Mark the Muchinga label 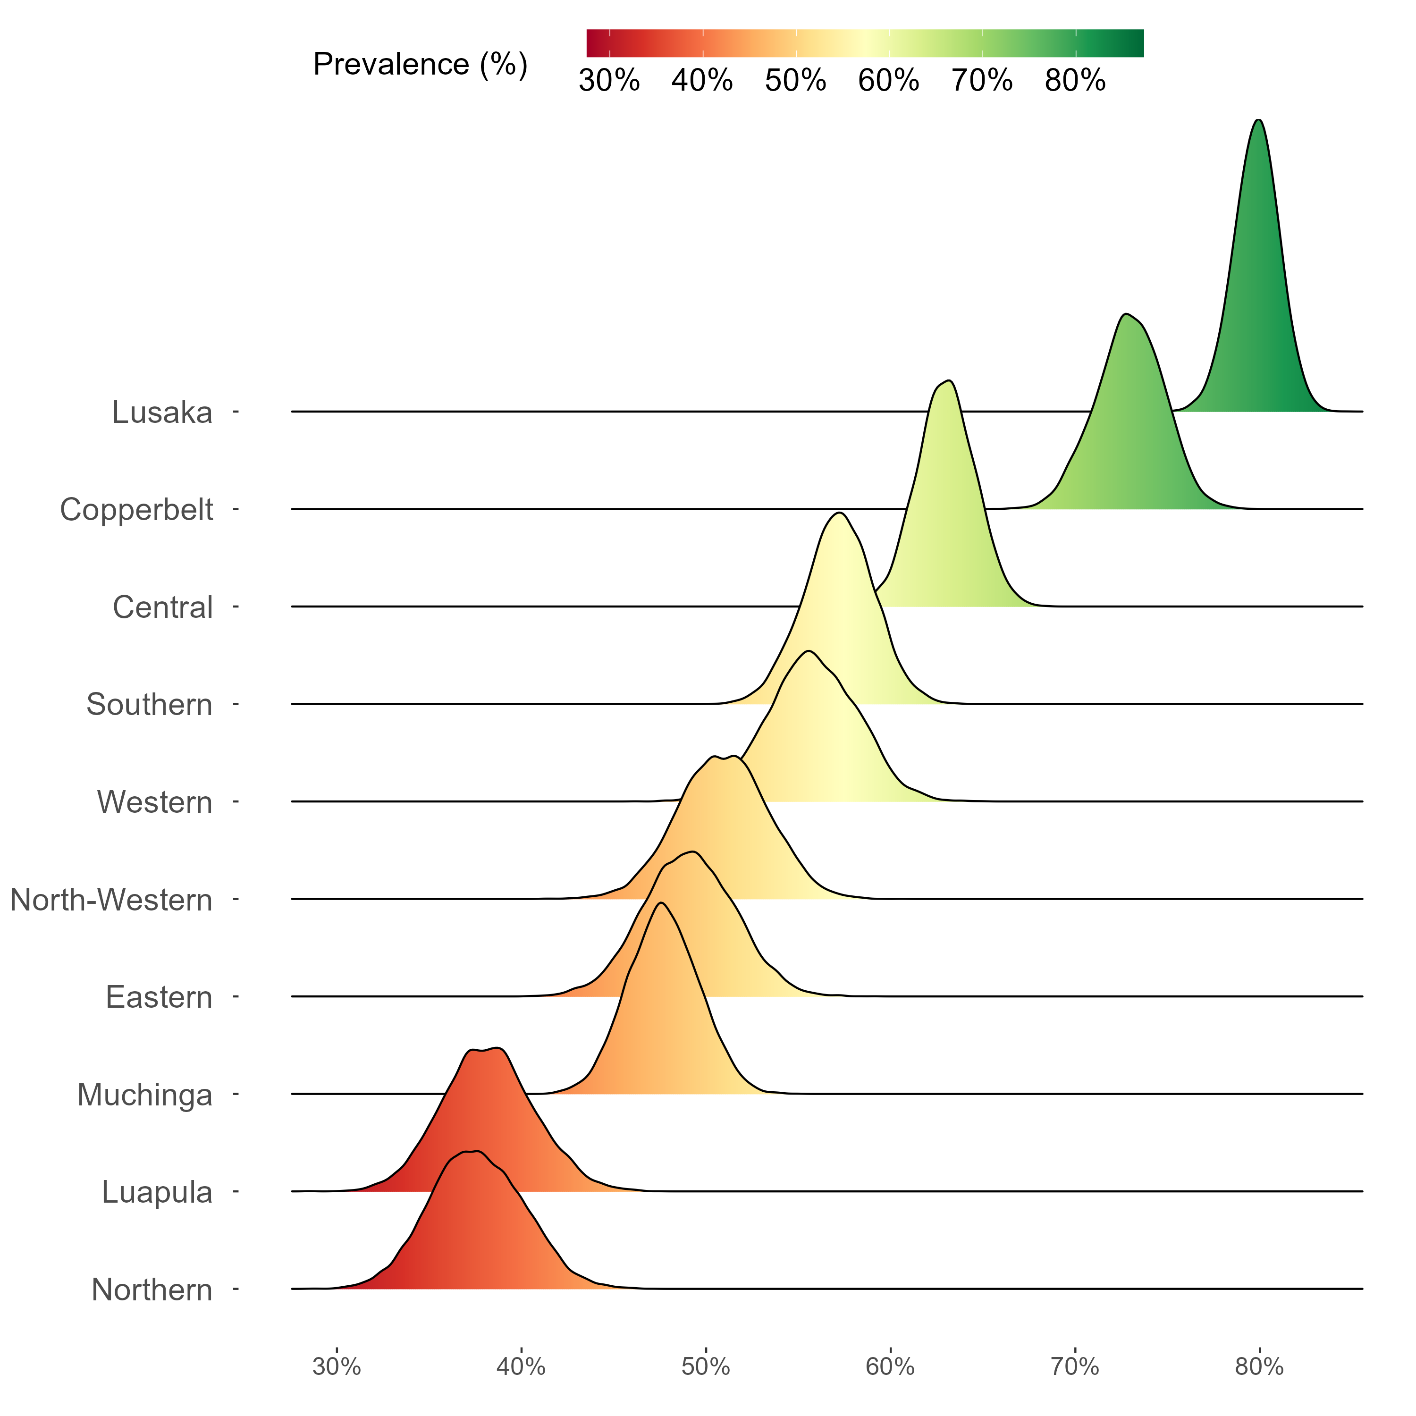[x=144, y=1095]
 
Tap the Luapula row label [x=156, y=1192]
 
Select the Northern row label [x=152, y=1290]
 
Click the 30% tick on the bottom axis [x=337, y=1367]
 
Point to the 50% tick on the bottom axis [x=706, y=1367]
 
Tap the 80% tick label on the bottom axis [x=1259, y=1367]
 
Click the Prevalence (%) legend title [x=420, y=65]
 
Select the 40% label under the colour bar [x=702, y=81]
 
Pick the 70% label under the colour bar [x=982, y=81]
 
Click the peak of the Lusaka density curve [x=1258, y=120]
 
